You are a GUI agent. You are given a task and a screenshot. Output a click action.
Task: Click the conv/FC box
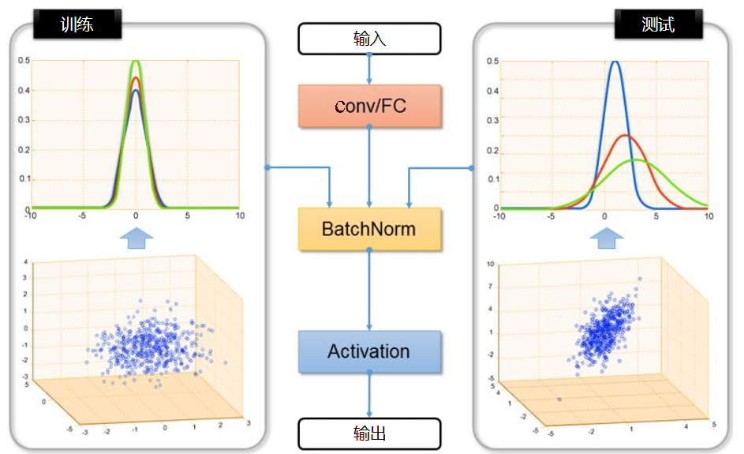pyautogui.click(x=369, y=106)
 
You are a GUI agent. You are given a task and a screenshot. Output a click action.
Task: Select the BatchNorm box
pyautogui.click(x=369, y=229)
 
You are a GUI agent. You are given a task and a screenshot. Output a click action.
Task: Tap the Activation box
pyautogui.click(x=369, y=351)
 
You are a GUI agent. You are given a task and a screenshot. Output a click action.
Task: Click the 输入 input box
pyautogui.click(x=369, y=38)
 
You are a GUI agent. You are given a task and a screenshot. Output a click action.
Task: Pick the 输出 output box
pyautogui.click(x=369, y=433)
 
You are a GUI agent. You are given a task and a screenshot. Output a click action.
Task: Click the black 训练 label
pyautogui.click(x=77, y=24)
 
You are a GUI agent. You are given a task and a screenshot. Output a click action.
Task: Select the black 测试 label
pyautogui.click(x=658, y=24)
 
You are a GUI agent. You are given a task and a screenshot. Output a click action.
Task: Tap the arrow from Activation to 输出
pyautogui.click(x=369, y=395)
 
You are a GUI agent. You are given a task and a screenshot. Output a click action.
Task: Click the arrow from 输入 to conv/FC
pyautogui.click(x=369, y=69)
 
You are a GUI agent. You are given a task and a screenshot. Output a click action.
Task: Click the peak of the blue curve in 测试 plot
pyautogui.click(x=615, y=62)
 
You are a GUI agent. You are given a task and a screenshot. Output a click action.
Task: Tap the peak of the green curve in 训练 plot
pyautogui.click(x=136, y=62)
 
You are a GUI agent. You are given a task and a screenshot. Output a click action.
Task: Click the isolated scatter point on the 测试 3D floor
pyautogui.click(x=560, y=400)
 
